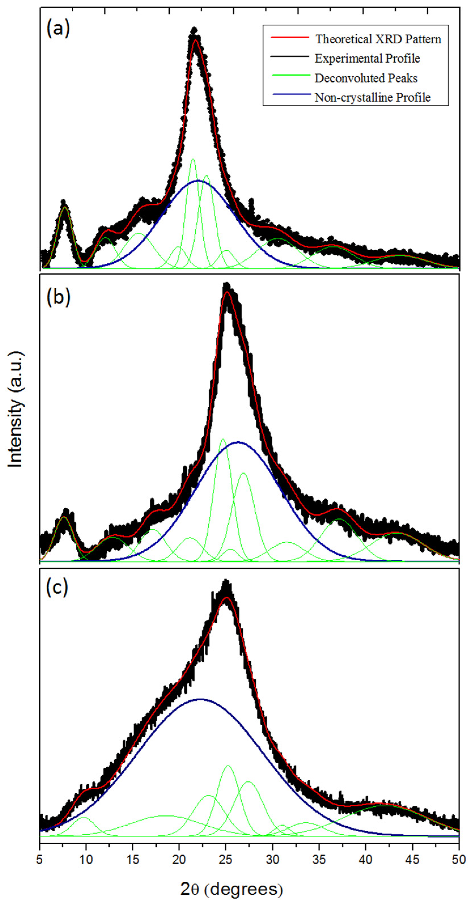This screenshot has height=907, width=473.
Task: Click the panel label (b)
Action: pyautogui.click(x=58, y=297)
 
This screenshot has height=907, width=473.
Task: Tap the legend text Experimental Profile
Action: pyautogui.click(x=367, y=58)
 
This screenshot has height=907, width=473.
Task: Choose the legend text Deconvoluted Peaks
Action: pyautogui.click(x=366, y=78)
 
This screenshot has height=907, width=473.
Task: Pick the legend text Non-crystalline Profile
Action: pyautogui.click(x=372, y=97)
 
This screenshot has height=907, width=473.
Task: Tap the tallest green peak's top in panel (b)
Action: pyautogui.click(x=222, y=439)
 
